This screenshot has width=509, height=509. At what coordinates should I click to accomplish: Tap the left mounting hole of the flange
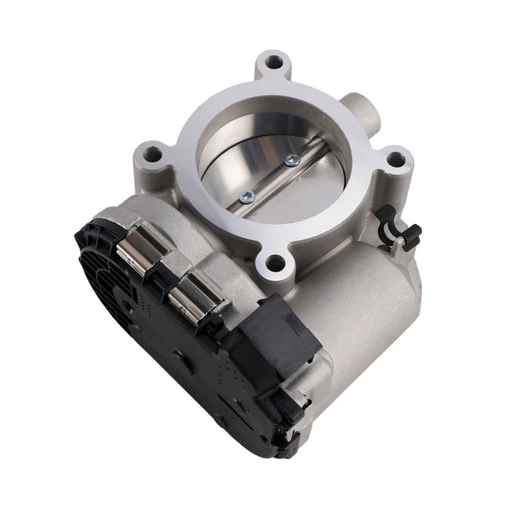pos(150,150)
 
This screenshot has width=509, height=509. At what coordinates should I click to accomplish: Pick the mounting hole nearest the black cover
pos(275,263)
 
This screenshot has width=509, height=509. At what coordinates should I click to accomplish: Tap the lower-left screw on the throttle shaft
pos(247,195)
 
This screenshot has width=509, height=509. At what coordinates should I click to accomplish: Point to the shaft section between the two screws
pos(270,178)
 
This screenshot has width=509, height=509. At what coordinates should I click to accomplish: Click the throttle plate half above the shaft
pos(251,145)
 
